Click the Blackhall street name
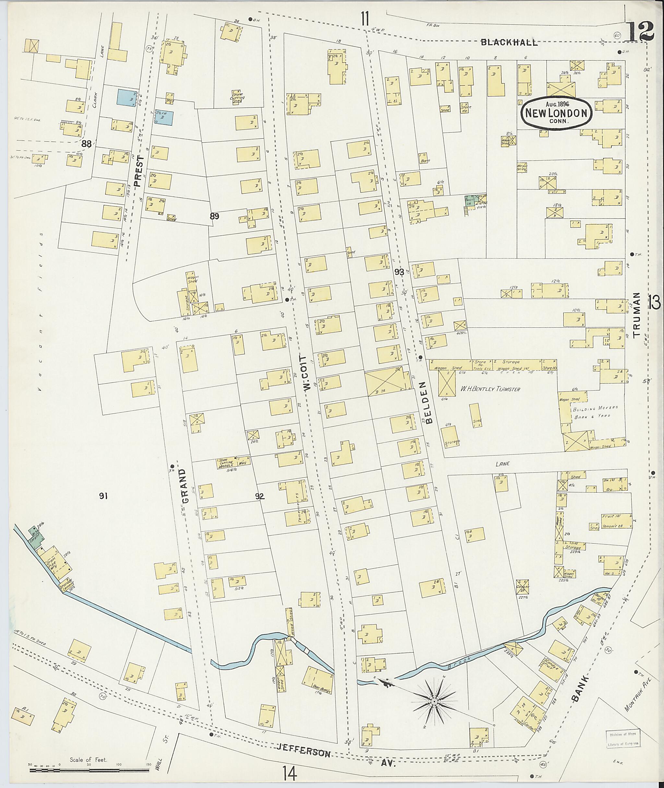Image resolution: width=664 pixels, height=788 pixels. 509,42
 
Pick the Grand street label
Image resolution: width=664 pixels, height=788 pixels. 185,486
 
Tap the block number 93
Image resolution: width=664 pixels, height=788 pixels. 399,272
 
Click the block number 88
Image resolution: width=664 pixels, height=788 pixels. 86,143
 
